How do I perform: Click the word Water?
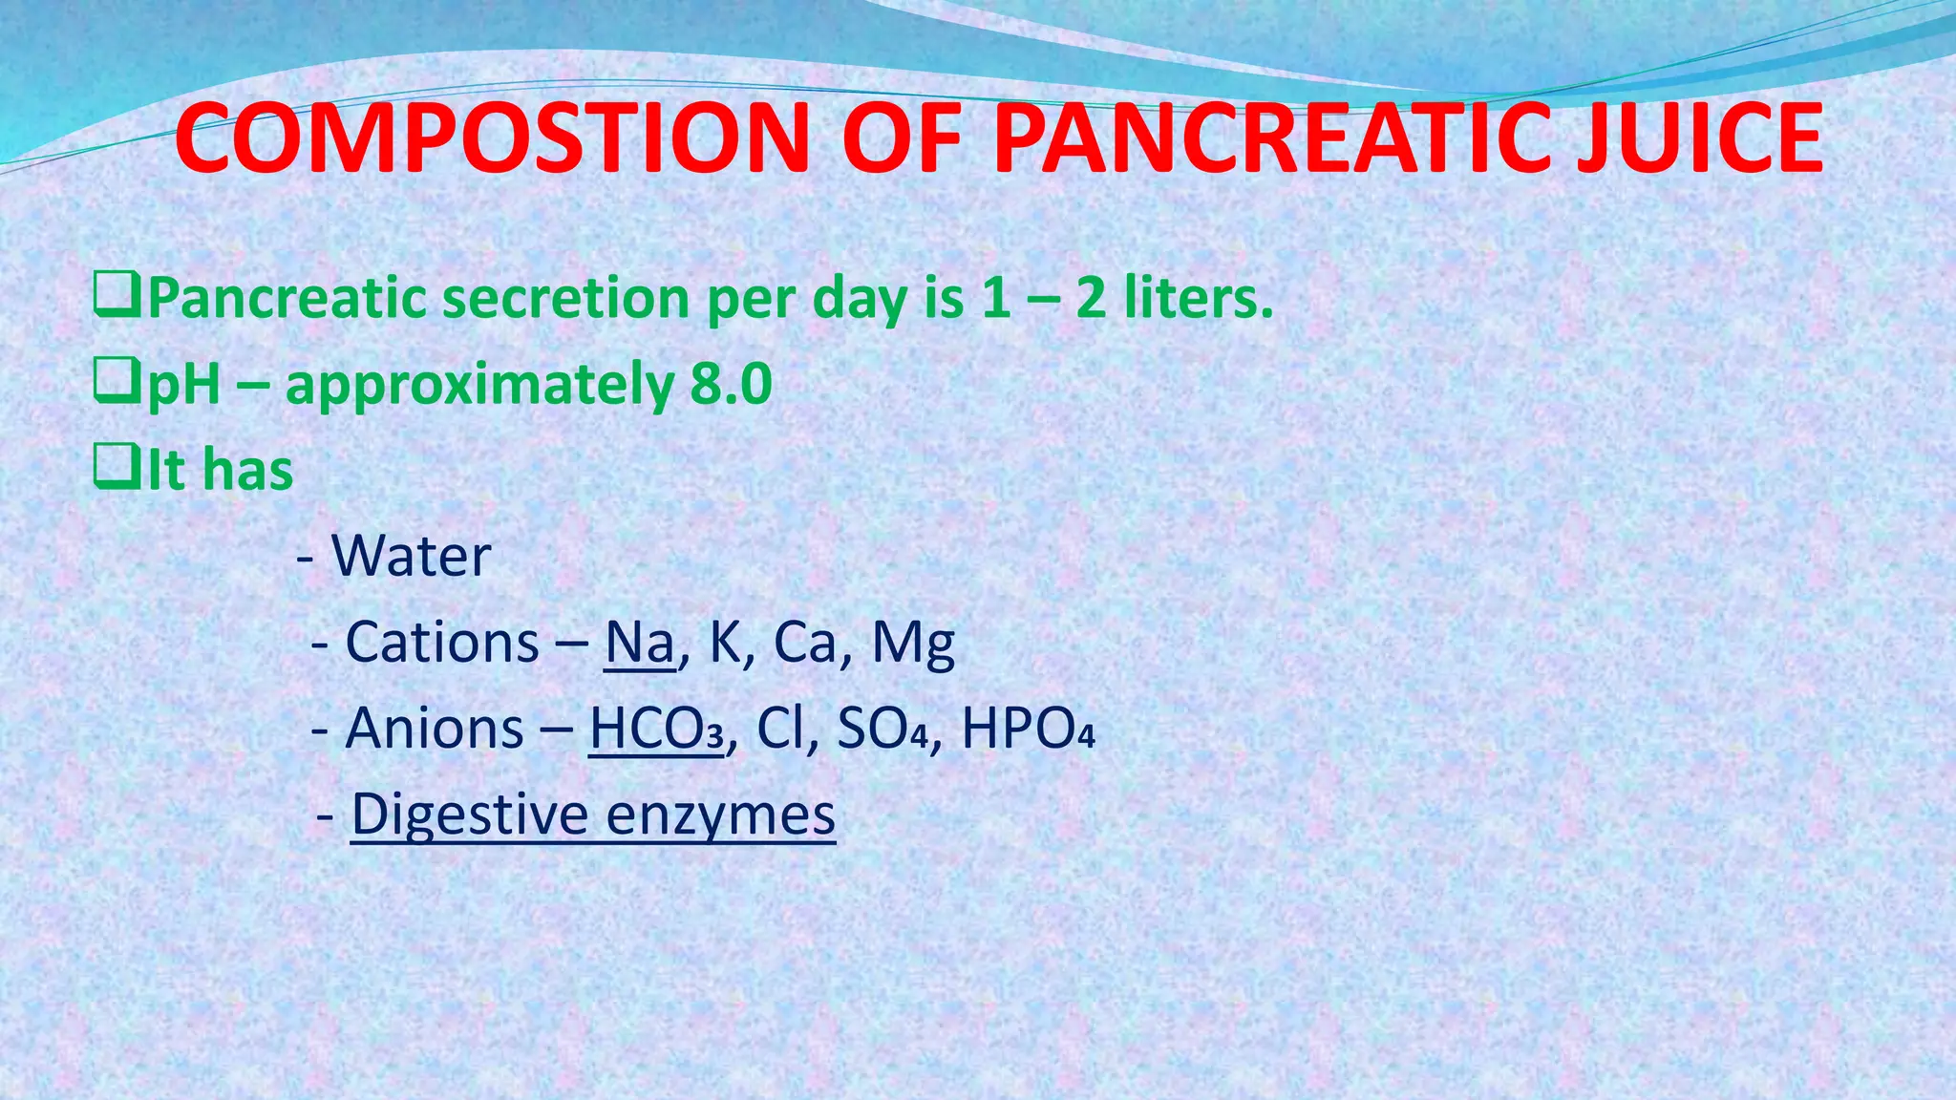[411, 556]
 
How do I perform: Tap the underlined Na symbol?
[639, 642]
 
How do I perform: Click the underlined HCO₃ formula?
[657, 729]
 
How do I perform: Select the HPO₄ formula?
[1028, 729]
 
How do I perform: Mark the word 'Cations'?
[442, 642]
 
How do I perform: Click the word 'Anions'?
[435, 729]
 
